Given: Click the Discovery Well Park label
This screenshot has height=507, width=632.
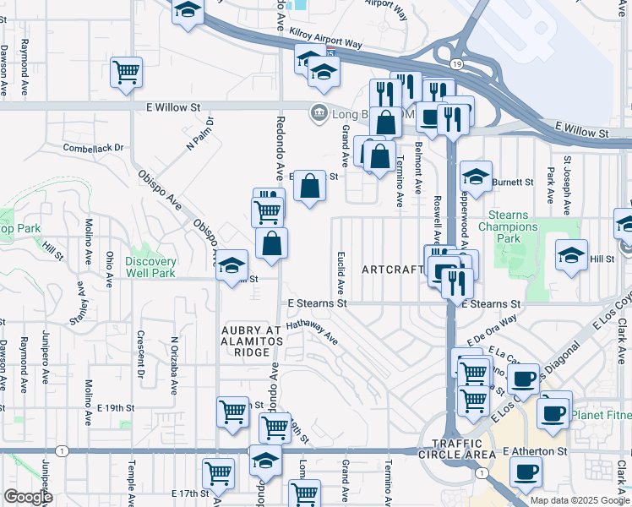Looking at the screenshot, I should (x=150, y=267).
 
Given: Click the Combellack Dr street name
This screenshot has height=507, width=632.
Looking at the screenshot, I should (x=93, y=147).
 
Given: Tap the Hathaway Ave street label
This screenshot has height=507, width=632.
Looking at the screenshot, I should (x=312, y=333).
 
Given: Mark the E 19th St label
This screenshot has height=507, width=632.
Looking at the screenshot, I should (x=116, y=407).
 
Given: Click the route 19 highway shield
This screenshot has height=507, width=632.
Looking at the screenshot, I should (x=455, y=64).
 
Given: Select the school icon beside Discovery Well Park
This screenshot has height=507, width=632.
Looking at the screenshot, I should (x=231, y=267).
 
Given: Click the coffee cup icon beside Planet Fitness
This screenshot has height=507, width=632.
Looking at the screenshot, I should (x=554, y=413).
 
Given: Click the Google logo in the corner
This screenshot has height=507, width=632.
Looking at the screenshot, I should (x=27, y=497).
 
